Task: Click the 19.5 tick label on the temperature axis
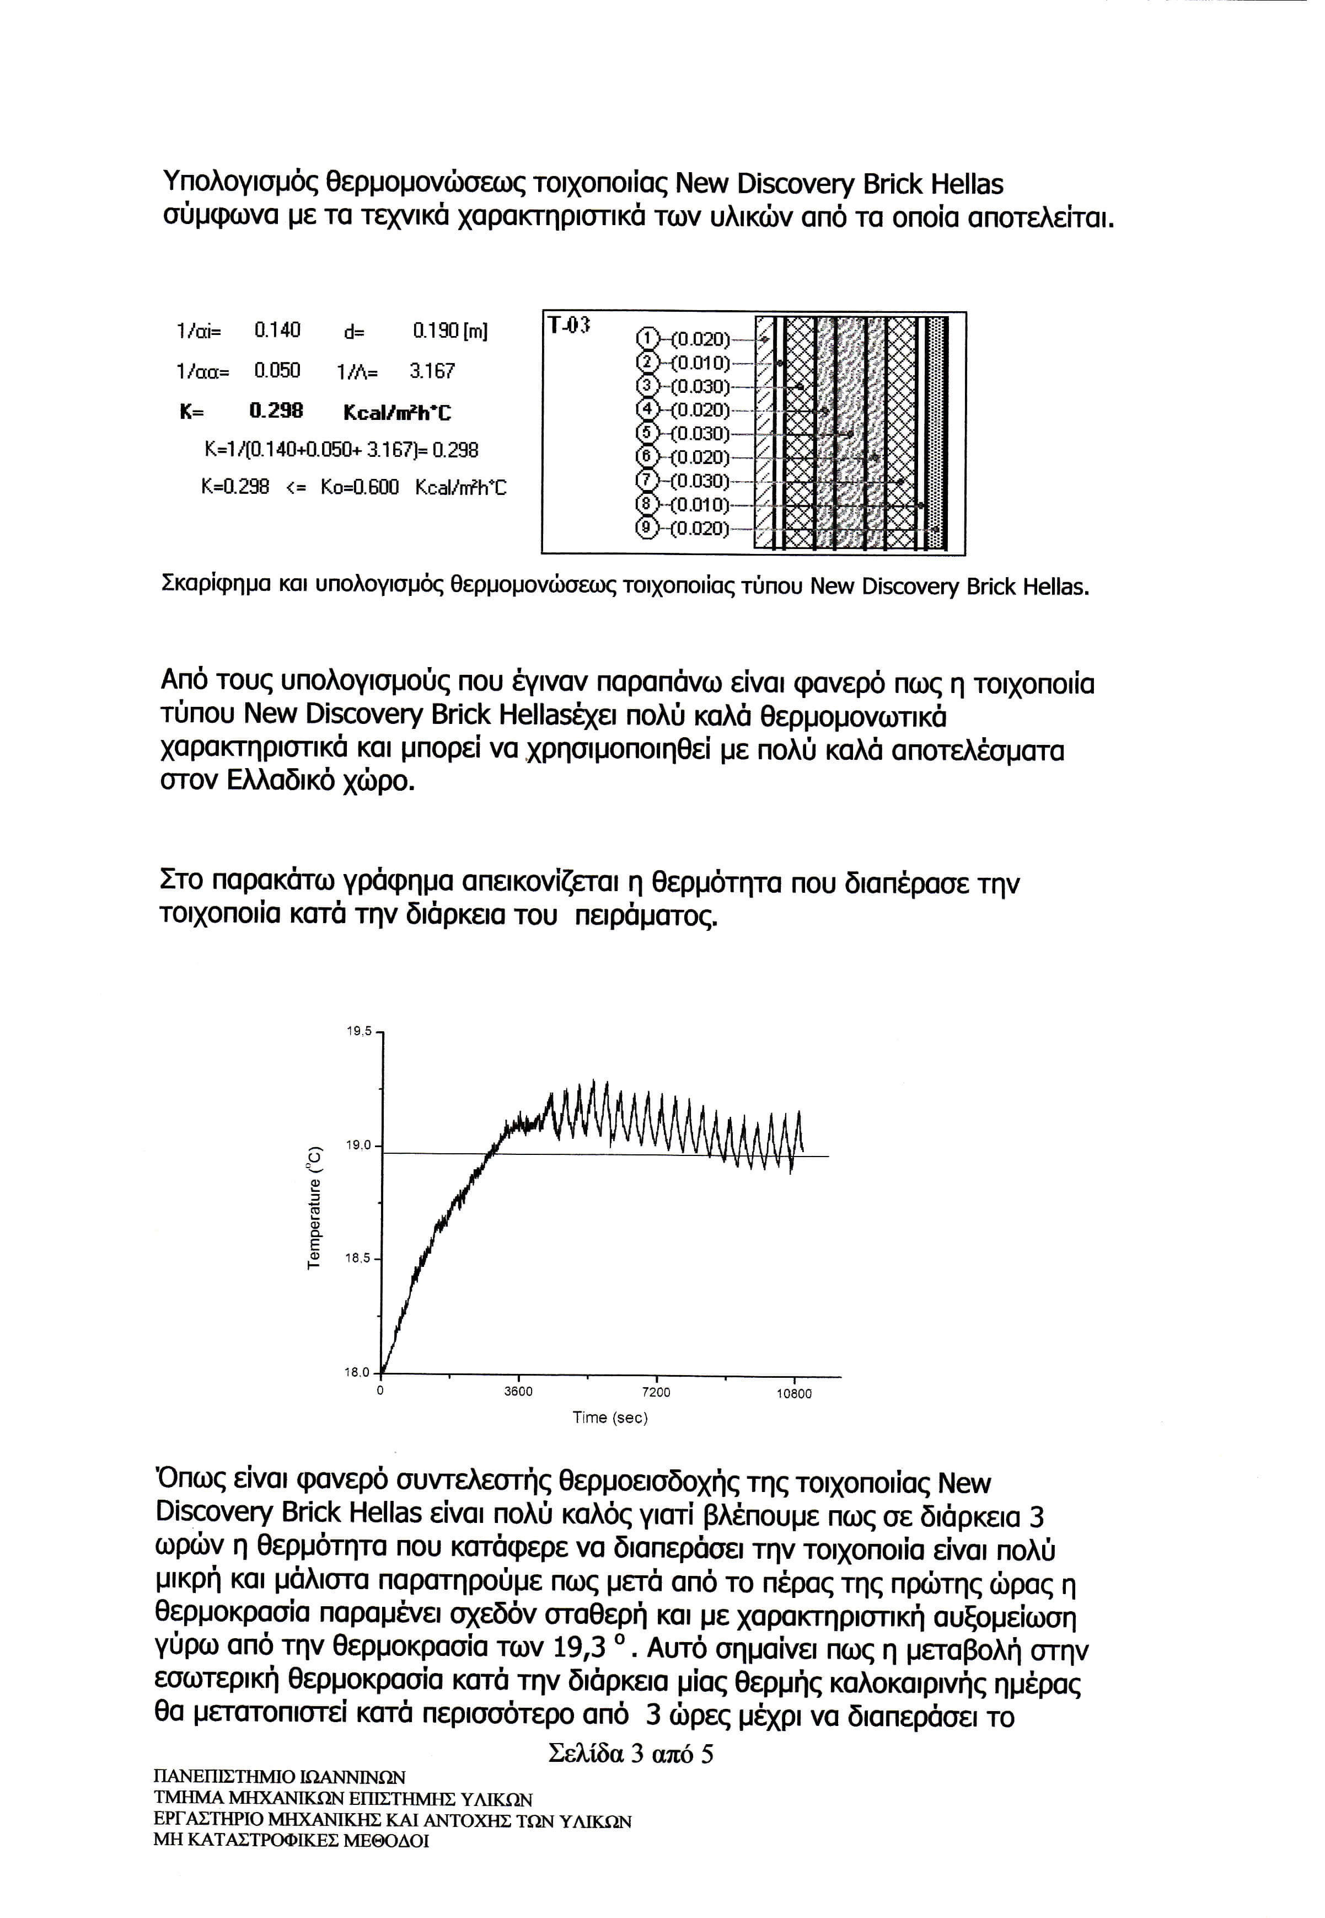click(358, 1032)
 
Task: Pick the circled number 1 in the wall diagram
click(646, 339)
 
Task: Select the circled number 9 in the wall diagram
click(646, 528)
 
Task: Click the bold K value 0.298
click(276, 411)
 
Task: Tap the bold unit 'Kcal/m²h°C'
click(397, 412)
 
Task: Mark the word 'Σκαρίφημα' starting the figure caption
click(208, 587)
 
